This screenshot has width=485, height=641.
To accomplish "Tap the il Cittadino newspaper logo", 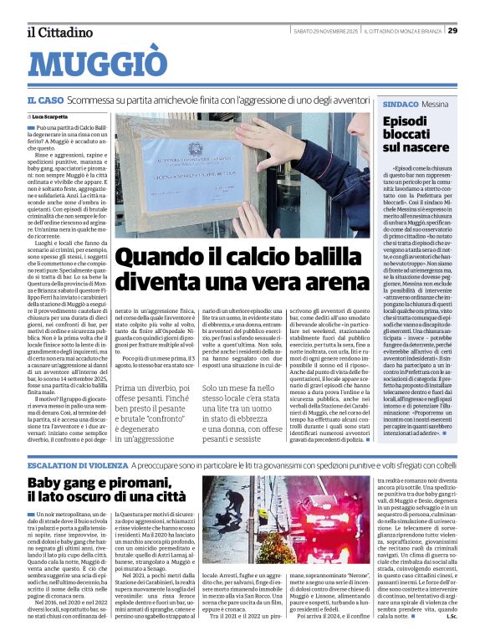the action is point(59,32).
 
